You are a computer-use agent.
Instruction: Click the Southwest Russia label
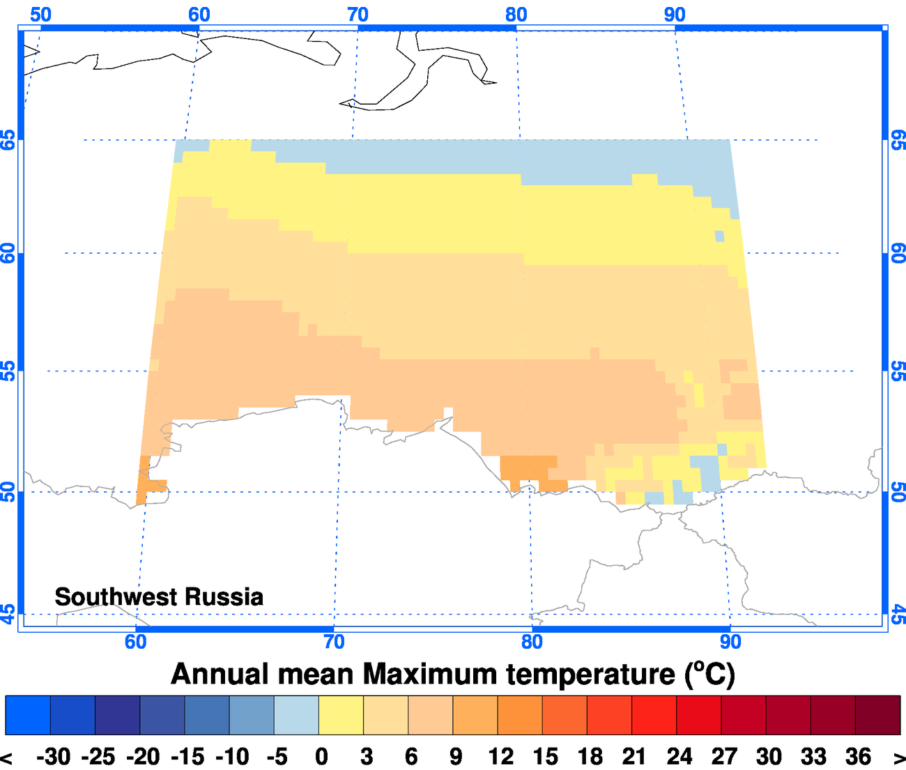(159, 597)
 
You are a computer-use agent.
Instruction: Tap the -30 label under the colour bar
(53, 757)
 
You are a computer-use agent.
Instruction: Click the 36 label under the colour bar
(858, 757)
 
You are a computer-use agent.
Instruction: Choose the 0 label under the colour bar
(321, 757)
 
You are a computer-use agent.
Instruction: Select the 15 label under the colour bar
(545, 757)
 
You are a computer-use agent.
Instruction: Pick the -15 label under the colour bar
(187, 757)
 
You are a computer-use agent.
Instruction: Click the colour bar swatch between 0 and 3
(341, 715)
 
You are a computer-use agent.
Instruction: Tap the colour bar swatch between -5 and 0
(296, 715)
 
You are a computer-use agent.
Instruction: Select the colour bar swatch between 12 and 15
(520, 715)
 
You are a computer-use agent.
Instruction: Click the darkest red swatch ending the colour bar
(877, 715)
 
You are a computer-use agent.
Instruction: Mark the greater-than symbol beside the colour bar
(899, 758)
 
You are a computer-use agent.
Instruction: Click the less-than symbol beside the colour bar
(7, 758)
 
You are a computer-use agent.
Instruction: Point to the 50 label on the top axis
(40, 14)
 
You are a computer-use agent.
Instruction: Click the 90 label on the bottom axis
(730, 642)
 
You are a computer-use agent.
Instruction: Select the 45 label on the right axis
(898, 615)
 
